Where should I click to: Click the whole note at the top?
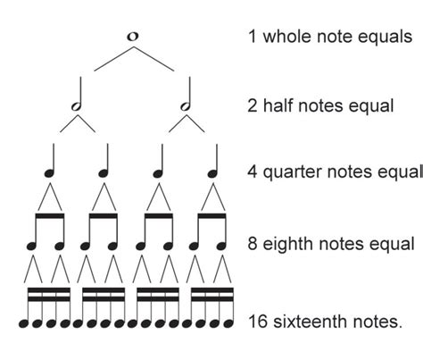pyautogui.click(x=133, y=37)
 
